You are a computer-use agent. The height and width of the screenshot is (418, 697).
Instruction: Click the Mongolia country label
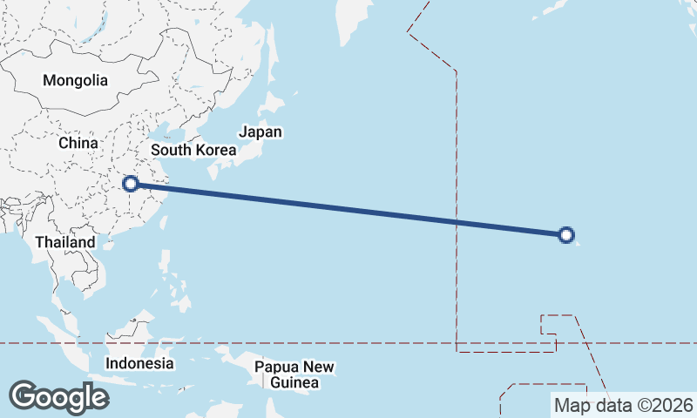coord(76,80)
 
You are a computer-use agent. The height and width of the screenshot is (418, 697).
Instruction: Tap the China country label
coord(78,142)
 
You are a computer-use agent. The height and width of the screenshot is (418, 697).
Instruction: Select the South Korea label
coord(193,150)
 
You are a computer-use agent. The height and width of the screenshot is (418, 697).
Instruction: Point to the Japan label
coord(261,132)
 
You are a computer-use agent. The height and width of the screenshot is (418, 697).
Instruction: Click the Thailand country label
coord(65,241)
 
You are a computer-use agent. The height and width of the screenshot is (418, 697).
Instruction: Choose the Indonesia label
coord(139,363)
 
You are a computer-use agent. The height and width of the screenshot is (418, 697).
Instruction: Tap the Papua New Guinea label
coord(294,374)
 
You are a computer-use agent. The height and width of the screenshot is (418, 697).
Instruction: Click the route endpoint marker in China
coord(131,184)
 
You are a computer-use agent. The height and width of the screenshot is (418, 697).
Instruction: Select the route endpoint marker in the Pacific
coord(566,234)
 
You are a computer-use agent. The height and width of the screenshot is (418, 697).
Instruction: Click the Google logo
coord(58,397)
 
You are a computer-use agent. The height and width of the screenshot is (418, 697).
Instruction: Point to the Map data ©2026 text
coord(623,405)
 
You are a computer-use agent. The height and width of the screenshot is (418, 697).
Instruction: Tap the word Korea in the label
coord(215,150)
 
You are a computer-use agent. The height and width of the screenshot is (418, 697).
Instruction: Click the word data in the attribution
coord(610,405)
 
